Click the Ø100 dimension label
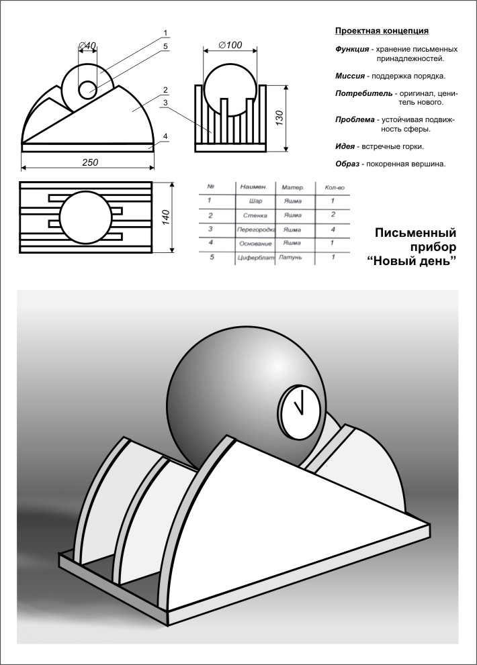[x=230, y=45]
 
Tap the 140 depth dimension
[x=166, y=217]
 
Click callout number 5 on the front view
[x=165, y=46]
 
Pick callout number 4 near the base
[x=165, y=137]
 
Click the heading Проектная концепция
[x=382, y=31]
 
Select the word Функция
[x=352, y=50]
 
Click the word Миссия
[x=351, y=76]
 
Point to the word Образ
[x=347, y=164]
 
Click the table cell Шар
[x=255, y=201]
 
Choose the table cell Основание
[x=255, y=243]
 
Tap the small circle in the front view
[x=87, y=89]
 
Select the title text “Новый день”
[x=412, y=260]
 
